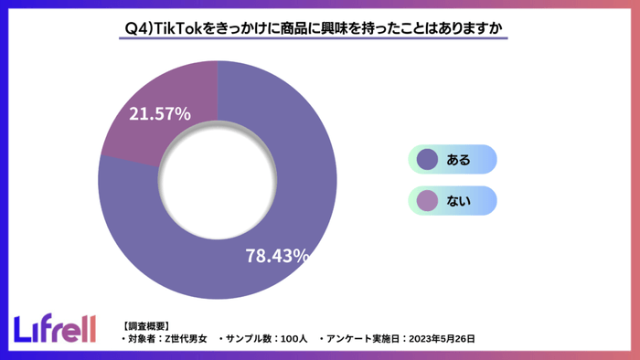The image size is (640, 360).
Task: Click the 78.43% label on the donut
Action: point(277,256)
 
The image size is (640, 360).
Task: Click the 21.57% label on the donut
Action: point(159,114)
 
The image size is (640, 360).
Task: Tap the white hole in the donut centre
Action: point(217,180)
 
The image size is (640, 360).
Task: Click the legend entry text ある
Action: point(458,160)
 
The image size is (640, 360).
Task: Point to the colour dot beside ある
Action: point(426,160)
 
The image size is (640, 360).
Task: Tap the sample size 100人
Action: point(291,339)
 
